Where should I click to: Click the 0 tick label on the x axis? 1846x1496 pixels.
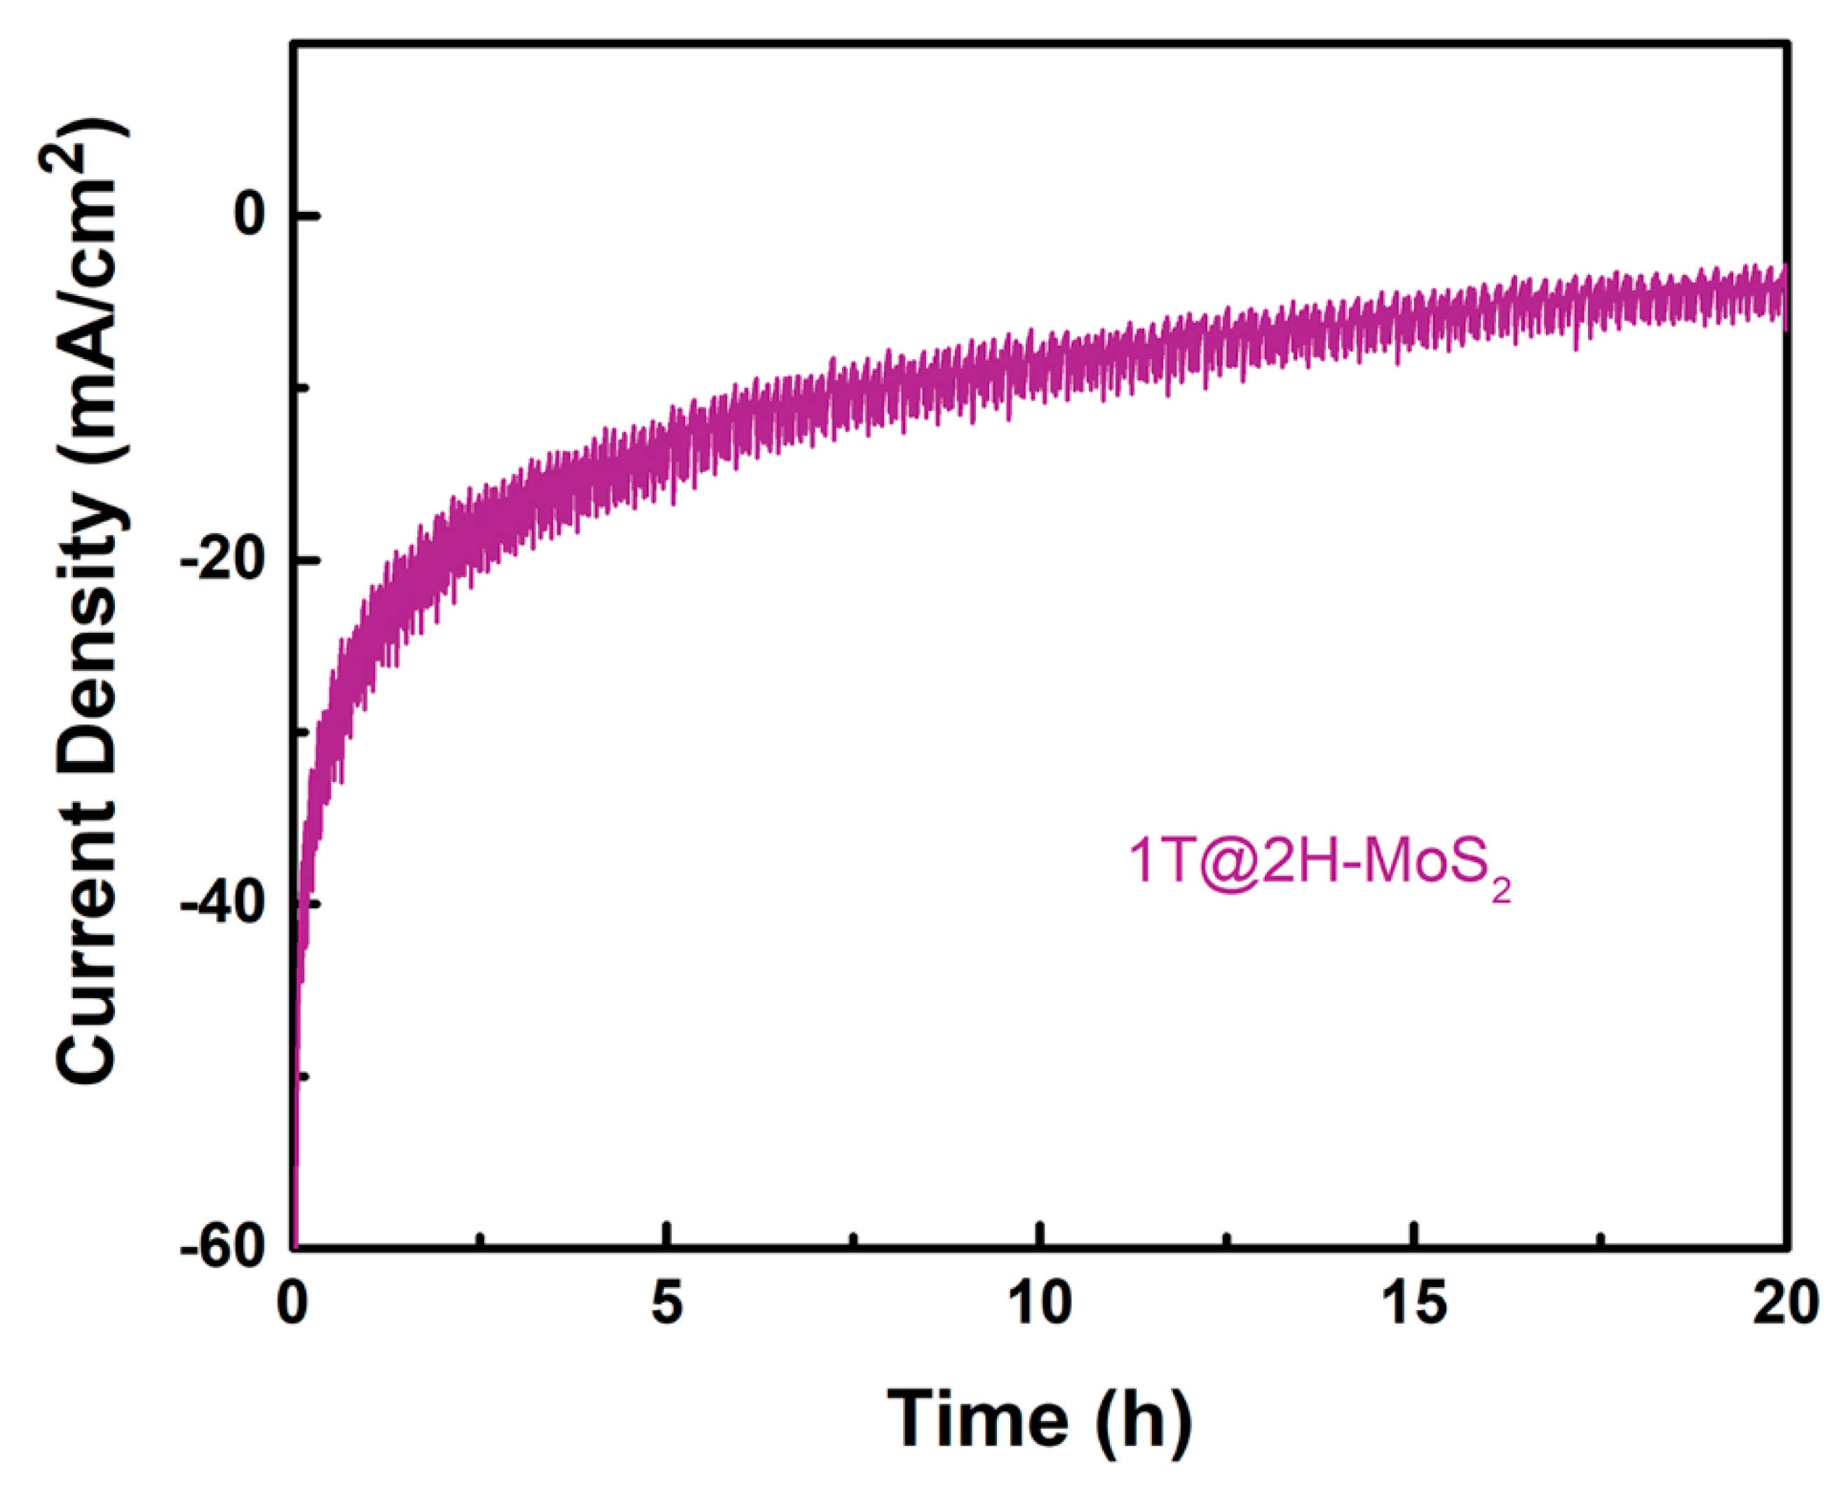(293, 1304)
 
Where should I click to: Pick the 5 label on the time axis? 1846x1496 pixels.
(666, 1304)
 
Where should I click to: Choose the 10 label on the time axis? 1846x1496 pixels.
(1040, 1304)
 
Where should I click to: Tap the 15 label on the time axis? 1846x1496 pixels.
(1414, 1304)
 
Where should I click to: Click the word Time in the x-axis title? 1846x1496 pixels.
(976, 1420)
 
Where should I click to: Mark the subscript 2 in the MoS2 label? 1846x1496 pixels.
(1500, 889)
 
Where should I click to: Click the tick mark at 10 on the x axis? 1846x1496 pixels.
(1040, 1236)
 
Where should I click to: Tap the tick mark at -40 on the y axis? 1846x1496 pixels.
(306, 903)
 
